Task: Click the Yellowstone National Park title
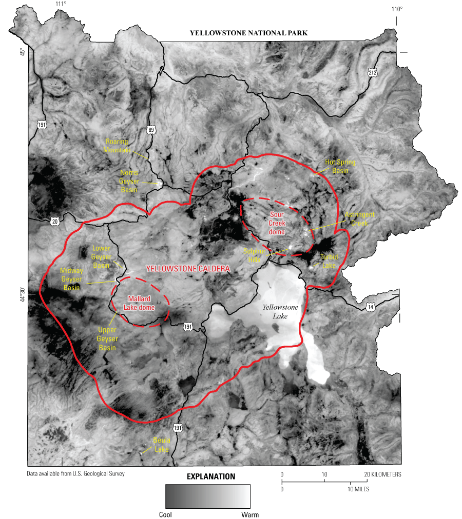click(248, 33)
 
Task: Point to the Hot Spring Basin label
click(340, 166)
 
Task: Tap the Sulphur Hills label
click(254, 255)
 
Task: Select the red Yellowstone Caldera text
click(188, 269)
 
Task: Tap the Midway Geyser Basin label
click(71, 278)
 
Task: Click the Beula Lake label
click(161, 445)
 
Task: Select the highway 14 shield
click(370, 307)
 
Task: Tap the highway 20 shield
click(55, 222)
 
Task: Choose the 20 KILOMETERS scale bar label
click(382, 474)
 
